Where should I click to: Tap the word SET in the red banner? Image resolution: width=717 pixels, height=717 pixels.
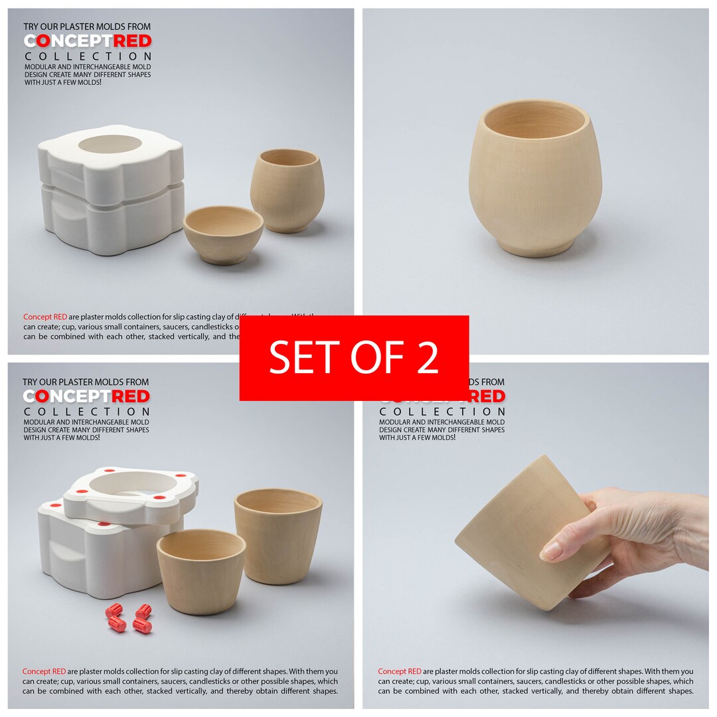click(x=299, y=358)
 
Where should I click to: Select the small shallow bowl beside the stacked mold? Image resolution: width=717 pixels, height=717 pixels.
click(x=223, y=234)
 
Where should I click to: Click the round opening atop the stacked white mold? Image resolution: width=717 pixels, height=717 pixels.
click(x=110, y=143)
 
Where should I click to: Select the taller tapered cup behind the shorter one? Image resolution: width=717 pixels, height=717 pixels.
click(x=279, y=534)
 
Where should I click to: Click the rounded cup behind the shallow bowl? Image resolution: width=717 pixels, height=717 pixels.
click(x=287, y=189)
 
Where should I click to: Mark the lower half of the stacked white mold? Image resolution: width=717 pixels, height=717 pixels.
click(x=110, y=219)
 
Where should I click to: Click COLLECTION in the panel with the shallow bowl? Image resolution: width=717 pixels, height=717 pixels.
click(x=88, y=56)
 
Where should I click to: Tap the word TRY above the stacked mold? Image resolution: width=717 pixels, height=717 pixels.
click(x=31, y=27)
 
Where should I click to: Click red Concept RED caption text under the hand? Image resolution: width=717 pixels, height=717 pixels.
click(x=400, y=671)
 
